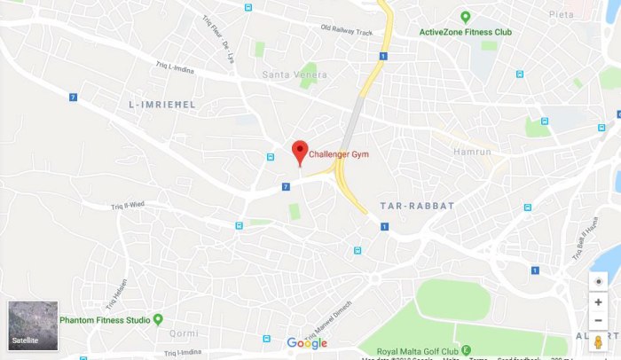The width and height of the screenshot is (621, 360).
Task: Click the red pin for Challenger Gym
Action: tap(300, 151)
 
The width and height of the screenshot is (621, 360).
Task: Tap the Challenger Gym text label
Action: tap(338, 154)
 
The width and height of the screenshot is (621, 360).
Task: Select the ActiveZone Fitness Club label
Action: tap(466, 33)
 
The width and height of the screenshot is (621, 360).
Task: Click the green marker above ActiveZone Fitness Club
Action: tap(465, 17)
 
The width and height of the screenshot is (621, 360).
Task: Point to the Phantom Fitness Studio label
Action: tap(104, 319)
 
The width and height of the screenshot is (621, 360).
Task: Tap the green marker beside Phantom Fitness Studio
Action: tap(158, 319)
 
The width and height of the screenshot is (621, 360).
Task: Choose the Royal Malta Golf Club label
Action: tap(413, 349)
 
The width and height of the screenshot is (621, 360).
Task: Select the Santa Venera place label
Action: tap(288, 74)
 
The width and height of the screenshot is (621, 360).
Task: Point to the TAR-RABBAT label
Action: tap(416, 206)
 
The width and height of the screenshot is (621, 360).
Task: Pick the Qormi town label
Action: tap(184, 334)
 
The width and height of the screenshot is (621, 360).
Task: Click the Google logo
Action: tap(307, 343)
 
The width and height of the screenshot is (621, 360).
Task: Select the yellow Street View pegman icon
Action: tap(599, 341)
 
